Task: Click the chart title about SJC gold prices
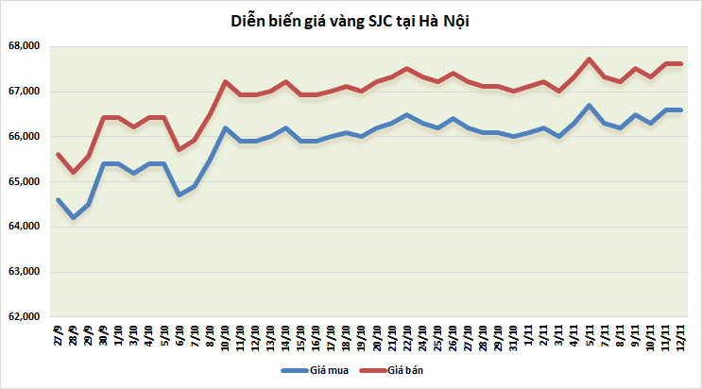(x=350, y=21)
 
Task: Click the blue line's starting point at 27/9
(x=59, y=199)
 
